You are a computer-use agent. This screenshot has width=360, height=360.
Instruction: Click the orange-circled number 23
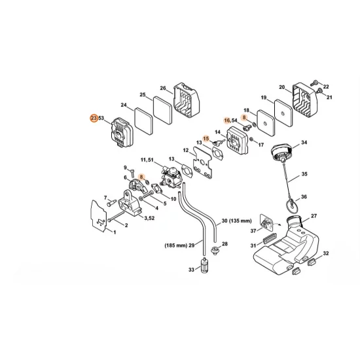click(x=94, y=118)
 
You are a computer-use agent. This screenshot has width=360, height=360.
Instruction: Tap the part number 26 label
click(x=163, y=88)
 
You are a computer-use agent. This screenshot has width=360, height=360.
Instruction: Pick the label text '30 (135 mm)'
click(x=236, y=221)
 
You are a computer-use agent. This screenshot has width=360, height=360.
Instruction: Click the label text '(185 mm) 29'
click(x=179, y=245)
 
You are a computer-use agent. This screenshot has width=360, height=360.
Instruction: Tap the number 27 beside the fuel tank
click(x=314, y=216)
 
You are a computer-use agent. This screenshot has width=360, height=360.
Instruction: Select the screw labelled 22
click(x=314, y=83)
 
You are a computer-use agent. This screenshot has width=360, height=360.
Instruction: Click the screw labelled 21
click(x=319, y=91)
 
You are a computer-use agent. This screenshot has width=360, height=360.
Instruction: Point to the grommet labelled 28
click(x=215, y=250)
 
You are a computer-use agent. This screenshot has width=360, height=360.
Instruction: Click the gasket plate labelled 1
click(x=99, y=216)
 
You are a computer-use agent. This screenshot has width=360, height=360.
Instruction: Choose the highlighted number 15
click(x=206, y=139)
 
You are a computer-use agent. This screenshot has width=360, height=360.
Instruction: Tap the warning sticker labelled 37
click(x=266, y=223)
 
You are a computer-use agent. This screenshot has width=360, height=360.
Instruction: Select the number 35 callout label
click(x=304, y=174)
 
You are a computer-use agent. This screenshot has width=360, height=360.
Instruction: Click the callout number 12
click(x=186, y=151)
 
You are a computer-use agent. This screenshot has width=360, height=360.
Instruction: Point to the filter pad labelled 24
click(x=143, y=121)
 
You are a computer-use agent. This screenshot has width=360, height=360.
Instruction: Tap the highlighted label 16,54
click(x=230, y=120)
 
